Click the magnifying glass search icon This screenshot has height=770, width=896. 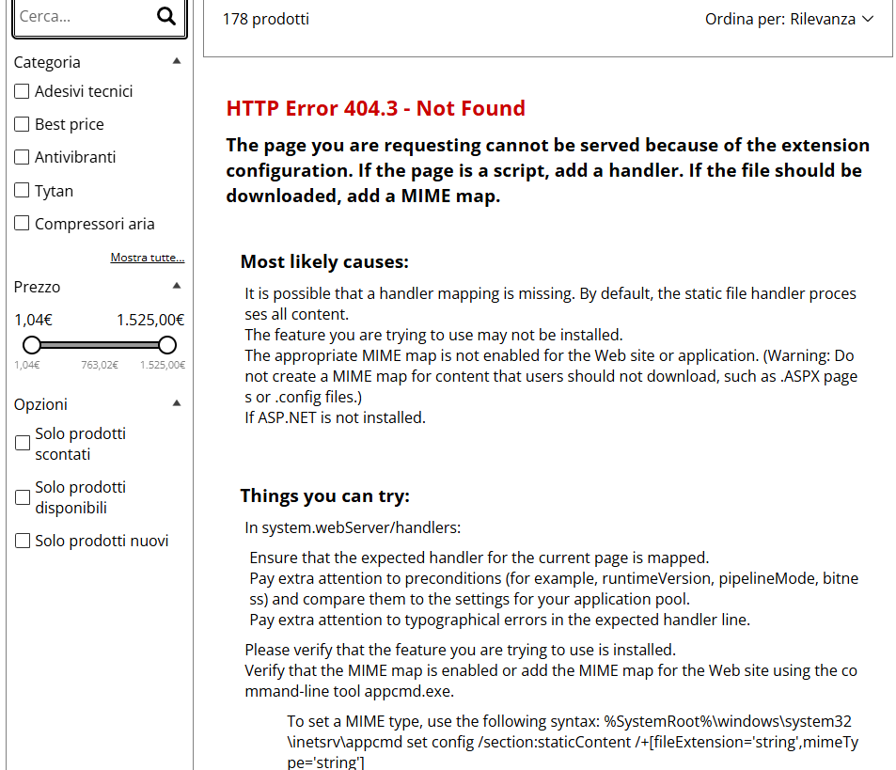pyautogui.click(x=166, y=16)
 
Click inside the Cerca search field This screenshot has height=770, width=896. pyautogui.click(x=80, y=16)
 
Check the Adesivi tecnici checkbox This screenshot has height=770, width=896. pyautogui.click(x=23, y=91)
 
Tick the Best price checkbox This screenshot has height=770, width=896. pyautogui.click(x=23, y=124)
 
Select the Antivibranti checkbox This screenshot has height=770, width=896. pyautogui.click(x=23, y=157)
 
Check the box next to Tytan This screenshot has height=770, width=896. pyautogui.click(x=23, y=191)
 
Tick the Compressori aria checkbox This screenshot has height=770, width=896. pyautogui.click(x=23, y=224)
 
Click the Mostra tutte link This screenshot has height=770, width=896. pyautogui.click(x=147, y=258)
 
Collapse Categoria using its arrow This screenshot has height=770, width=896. pyautogui.click(x=177, y=61)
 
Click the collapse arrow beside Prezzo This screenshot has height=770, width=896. pyautogui.click(x=177, y=286)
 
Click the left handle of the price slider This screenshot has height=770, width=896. pyautogui.click(x=32, y=344)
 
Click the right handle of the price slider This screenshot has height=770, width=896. pyautogui.click(x=167, y=344)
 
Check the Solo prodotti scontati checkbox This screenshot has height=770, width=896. pyautogui.click(x=23, y=444)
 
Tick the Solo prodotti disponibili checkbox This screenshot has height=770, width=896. pyautogui.click(x=23, y=497)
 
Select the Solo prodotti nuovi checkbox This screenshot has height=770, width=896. pyautogui.click(x=23, y=541)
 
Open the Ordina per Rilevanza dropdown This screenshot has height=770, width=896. pyautogui.click(x=789, y=19)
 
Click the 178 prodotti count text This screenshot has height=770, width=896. pyautogui.click(x=265, y=19)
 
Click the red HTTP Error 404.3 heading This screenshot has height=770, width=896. pyautogui.click(x=375, y=108)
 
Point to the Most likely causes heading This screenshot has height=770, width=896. pyautogui.click(x=324, y=261)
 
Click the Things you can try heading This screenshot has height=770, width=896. pyautogui.click(x=324, y=495)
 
